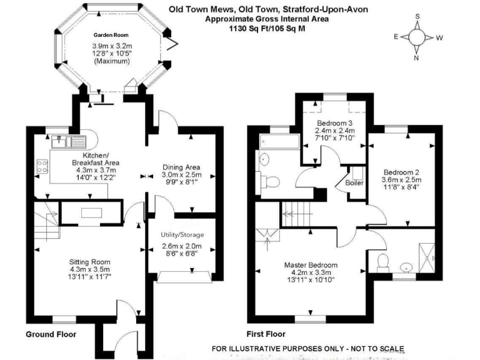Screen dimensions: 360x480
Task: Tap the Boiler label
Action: (355, 182)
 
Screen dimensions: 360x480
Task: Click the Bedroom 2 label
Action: (401, 172)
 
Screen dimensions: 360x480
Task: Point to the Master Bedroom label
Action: (311, 264)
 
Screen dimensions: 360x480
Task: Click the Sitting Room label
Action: (91, 262)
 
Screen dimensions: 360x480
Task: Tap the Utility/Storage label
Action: (182, 235)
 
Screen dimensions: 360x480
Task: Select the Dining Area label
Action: (181, 167)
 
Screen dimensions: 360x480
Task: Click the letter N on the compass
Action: (416, 59)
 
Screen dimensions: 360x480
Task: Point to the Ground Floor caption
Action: (51, 334)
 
